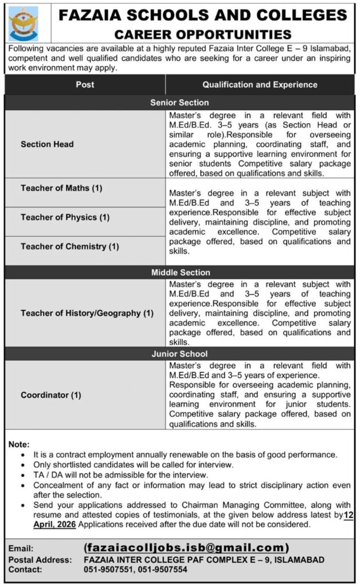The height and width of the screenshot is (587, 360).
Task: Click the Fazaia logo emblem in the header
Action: (24, 23)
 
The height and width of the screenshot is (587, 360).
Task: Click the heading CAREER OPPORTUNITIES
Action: (203, 35)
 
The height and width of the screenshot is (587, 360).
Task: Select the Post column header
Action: (85, 84)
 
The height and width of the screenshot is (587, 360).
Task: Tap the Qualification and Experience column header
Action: (260, 84)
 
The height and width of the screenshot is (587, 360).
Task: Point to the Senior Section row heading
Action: (179, 102)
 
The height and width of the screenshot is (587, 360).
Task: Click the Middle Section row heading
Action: (180, 272)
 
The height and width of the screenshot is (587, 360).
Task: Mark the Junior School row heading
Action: (179, 354)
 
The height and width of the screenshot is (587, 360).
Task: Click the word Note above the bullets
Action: (18, 444)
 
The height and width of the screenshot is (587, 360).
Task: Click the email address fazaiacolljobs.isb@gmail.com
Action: (186, 547)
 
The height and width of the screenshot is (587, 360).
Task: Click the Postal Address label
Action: (40, 559)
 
